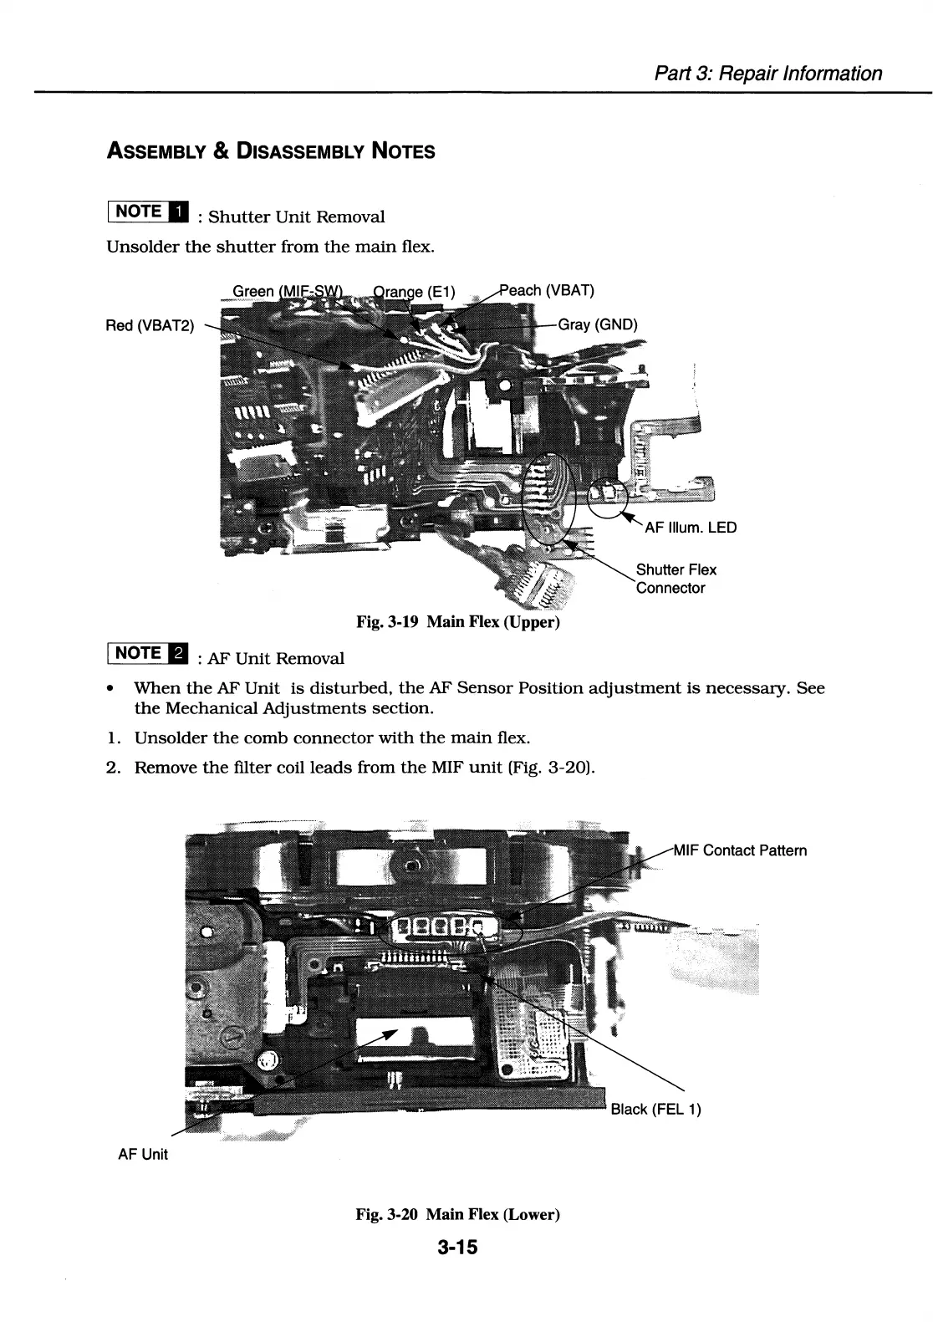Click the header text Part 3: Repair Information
(767, 74)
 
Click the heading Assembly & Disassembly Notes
(271, 151)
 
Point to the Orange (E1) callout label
(414, 292)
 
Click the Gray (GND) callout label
(597, 324)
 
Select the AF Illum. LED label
(691, 528)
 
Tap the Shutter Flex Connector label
(676, 579)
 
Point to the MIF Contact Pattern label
(740, 850)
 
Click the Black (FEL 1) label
(655, 1109)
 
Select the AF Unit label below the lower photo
(143, 1154)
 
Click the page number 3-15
(456, 1248)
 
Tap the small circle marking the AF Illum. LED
(608, 499)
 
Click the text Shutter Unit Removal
(296, 217)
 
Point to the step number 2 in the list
(111, 767)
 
